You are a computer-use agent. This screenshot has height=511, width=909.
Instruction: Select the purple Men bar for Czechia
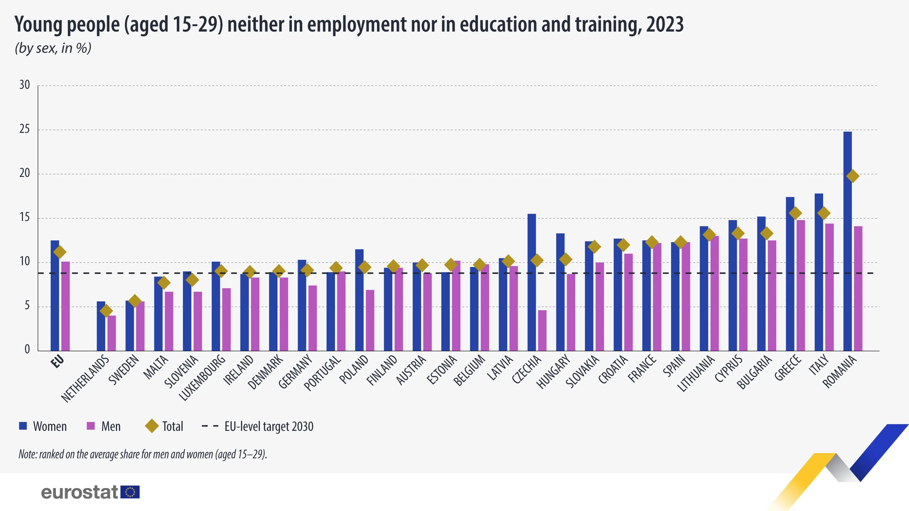tap(542, 331)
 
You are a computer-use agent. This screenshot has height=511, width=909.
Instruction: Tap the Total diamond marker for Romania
tap(852, 176)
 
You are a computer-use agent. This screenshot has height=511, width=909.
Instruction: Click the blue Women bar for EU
tap(55, 296)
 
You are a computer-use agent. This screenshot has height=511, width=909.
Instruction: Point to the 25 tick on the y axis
tap(24, 129)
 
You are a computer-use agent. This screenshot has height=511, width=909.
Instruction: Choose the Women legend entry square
tap(23, 426)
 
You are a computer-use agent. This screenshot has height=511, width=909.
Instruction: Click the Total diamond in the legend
tap(152, 426)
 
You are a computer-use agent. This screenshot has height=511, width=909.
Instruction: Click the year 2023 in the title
tap(665, 25)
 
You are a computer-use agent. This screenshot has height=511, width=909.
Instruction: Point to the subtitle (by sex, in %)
tap(53, 48)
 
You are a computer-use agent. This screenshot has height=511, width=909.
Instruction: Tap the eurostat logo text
tap(79, 492)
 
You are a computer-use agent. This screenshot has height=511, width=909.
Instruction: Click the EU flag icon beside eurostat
tap(130, 492)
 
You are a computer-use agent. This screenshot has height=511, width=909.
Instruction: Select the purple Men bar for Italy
tap(829, 287)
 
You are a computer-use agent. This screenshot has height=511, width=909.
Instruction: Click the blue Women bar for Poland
tap(359, 300)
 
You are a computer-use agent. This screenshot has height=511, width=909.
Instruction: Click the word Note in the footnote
tap(27, 454)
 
